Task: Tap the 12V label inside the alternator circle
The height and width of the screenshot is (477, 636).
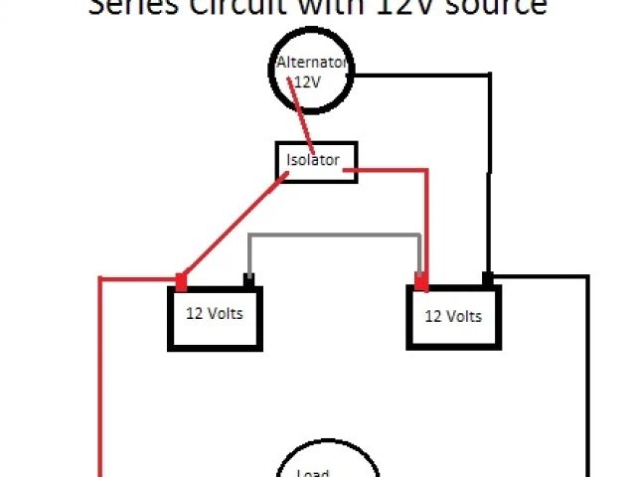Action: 309,81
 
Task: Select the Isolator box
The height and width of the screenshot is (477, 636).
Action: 315,160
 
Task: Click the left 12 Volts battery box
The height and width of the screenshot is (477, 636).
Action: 215,317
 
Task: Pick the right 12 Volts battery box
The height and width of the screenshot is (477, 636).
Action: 453,318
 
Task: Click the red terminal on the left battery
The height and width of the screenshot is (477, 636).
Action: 181,280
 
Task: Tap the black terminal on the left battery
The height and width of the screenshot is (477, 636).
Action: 248,280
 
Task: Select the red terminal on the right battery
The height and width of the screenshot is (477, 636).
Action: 421,281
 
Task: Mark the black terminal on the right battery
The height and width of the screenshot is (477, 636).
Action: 488,278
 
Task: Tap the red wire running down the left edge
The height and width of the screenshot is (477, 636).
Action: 100,378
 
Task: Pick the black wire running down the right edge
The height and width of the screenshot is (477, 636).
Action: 588,378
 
